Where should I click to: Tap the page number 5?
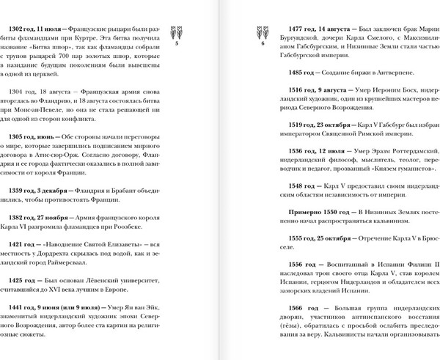[178, 45]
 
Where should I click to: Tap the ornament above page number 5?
[178, 32]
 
